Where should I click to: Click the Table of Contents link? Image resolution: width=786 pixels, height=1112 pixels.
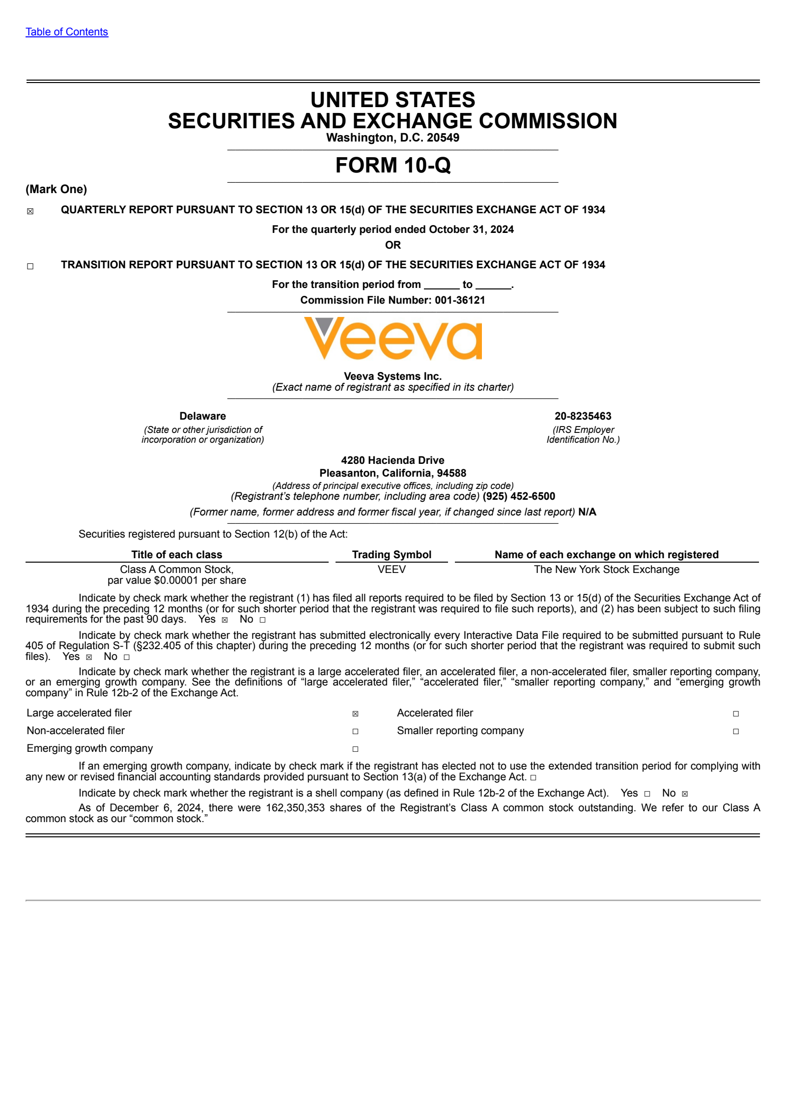(67, 32)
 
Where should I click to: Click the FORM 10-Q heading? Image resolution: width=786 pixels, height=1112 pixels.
(393, 165)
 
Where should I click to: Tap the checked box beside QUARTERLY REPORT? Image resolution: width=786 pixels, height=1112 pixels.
(30, 211)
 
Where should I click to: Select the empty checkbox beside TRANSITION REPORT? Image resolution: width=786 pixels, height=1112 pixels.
(30, 266)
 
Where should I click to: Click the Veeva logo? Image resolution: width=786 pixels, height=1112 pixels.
(393, 339)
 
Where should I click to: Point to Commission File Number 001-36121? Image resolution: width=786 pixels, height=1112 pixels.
(393, 300)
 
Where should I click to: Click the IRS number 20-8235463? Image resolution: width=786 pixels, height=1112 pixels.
(583, 416)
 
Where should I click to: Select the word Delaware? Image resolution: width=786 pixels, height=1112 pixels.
(202, 416)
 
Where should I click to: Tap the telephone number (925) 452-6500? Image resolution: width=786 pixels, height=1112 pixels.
(519, 496)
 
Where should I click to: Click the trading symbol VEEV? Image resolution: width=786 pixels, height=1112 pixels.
(392, 570)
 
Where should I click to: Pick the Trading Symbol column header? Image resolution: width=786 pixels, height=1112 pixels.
(392, 555)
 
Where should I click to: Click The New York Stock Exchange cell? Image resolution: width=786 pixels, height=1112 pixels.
(607, 570)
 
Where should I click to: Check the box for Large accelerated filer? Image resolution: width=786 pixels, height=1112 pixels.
(355, 713)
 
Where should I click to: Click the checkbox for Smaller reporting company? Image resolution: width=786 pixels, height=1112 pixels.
(735, 731)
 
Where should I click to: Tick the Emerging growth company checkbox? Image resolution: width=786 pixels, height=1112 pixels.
(355, 749)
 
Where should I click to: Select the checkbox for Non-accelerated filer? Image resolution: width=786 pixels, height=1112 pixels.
(355, 731)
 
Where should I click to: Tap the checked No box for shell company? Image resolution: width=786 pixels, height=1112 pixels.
(685, 794)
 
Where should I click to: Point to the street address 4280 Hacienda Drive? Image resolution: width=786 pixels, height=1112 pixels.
(393, 460)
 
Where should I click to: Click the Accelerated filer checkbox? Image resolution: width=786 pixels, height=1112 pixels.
(735, 713)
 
